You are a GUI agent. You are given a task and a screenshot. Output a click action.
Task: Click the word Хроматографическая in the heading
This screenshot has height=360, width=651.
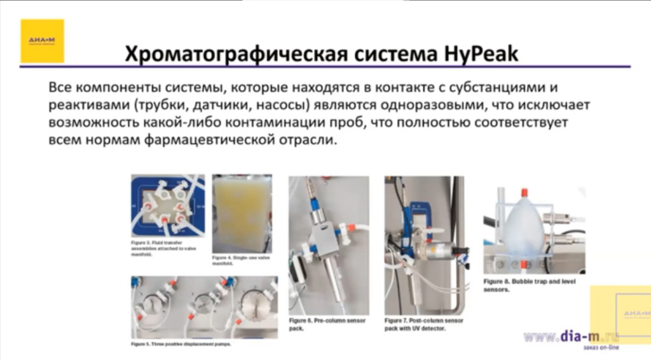click(x=234, y=54)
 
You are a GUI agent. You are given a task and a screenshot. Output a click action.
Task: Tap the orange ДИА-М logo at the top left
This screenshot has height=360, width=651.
click(x=42, y=41)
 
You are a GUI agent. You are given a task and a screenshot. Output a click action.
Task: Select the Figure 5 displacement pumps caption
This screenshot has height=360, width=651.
click(x=181, y=343)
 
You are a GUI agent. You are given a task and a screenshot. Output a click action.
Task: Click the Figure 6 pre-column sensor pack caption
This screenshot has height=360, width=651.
click(x=326, y=324)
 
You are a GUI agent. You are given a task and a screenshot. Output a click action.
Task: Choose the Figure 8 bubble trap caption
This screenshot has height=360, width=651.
click(x=528, y=285)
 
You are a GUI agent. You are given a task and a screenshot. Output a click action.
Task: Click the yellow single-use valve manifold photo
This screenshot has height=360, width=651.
click(x=242, y=213)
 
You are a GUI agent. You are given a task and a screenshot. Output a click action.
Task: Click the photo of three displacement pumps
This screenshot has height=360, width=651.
click(x=203, y=307)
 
